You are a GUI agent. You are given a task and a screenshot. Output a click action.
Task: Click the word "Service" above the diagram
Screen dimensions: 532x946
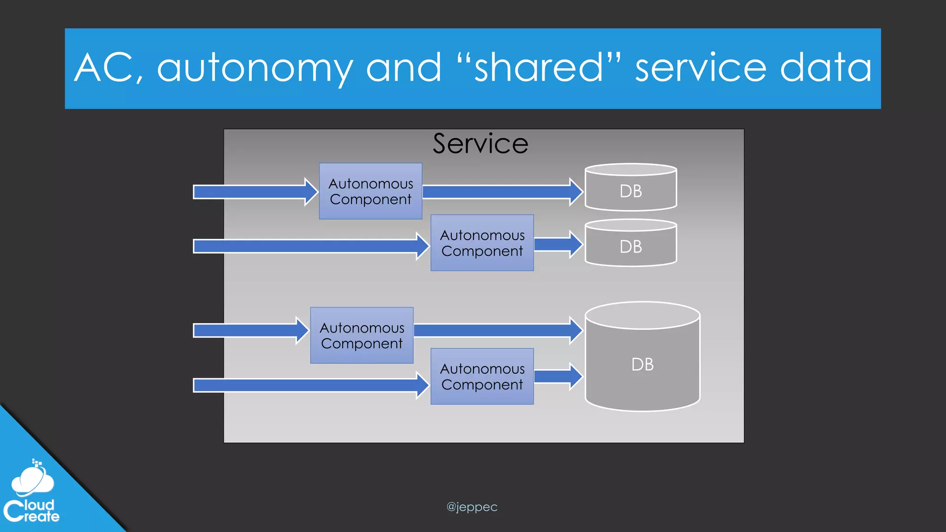coord(480,144)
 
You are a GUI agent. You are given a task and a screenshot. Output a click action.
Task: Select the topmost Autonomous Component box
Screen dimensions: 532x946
coord(370,191)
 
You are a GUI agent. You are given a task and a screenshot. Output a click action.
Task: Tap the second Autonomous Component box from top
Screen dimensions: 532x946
coord(482,243)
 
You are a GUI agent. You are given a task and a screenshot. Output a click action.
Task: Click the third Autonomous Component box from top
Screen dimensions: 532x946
coord(362,336)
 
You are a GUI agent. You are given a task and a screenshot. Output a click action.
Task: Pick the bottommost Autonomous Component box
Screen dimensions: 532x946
coord(482,376)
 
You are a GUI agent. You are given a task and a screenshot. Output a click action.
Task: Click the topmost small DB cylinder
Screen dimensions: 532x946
coord(631,187)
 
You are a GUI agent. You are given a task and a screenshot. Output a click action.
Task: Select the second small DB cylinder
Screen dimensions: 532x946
coord(631,243)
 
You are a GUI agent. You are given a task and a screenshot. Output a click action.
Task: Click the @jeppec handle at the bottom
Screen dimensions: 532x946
coord(472,507)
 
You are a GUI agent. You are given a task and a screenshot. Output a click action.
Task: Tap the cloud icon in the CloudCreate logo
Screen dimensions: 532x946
coord(32,480)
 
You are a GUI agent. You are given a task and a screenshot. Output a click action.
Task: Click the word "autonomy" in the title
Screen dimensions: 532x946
coord(255,68)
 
